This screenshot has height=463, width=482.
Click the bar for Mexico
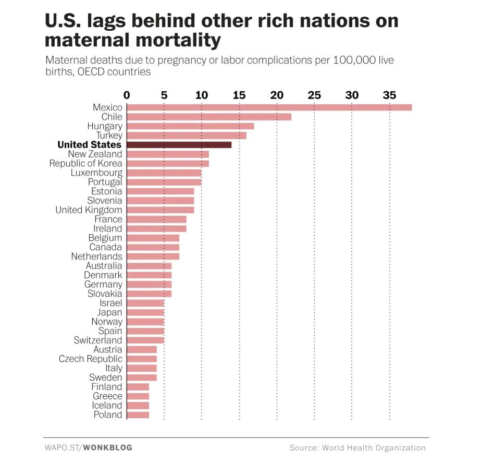point(269,107)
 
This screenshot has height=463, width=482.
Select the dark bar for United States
point(179,144)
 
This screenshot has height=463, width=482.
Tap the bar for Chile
point(208,117)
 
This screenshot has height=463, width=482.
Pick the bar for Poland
point(138,415)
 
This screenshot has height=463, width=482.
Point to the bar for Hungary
point(190,126)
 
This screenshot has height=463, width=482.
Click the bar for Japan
point(145,312)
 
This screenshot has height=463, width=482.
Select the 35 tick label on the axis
point(389,95)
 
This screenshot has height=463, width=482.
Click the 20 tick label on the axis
point(277,95)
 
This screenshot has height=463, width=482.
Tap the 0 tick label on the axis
point(127,95)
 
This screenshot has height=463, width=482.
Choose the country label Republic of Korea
point(85,163)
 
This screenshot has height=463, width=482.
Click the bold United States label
point(89,144)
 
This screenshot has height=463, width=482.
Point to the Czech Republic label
point(90,359)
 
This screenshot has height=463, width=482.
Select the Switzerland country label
point(98,340)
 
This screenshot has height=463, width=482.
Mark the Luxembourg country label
point(96,173)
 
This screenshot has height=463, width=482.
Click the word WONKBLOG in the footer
point(108,447)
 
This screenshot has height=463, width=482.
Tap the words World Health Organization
point(374,447)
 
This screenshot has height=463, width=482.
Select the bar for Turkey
point(186,136)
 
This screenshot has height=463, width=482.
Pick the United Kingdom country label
point(89,210)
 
